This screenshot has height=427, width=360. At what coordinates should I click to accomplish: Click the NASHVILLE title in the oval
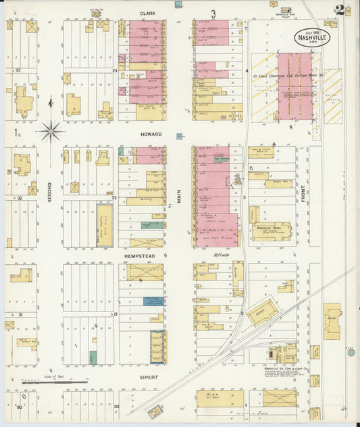coord(311,38)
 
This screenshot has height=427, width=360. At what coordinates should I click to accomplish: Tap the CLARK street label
coord(148,13)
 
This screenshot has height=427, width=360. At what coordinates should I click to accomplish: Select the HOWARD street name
coord(151,134)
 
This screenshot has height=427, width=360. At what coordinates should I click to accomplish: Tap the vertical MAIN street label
coord(179,195)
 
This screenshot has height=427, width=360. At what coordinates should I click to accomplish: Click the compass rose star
coord(51,130)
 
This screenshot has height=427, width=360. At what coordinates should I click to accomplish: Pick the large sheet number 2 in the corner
coord(338,9)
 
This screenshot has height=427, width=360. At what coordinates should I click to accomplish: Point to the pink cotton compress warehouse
coord(294,86)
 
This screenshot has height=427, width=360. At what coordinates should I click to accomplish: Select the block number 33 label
coord(19,70)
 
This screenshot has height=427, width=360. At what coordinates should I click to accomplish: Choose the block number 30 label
coord(19,407)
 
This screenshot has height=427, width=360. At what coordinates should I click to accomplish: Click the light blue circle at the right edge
coord(351,352)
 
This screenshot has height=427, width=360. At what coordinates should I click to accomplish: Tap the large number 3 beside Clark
coord(213,14)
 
